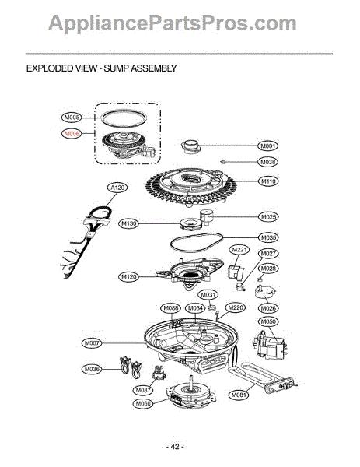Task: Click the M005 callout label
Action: [x=72, y=118]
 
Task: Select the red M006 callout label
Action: [x=72, y=133]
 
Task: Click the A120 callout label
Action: [x=118, y=188]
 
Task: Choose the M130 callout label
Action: [x=130, y=223]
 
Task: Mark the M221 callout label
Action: [x=239, y=249]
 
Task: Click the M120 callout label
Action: [x=130, y=276]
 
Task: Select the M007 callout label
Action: [x=92, y=342]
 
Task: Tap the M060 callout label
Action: [x=142, y=403]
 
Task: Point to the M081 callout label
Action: [x=239, y=395]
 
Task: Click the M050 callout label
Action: [x=268, y=321]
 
